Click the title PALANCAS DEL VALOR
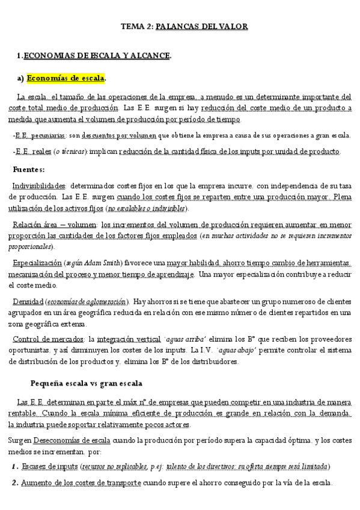[201, 26]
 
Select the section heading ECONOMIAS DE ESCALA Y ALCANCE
[97, 56]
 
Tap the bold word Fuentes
[29, 169]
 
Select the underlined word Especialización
[37, 263]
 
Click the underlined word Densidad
[27, 301]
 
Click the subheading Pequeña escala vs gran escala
[87, 383]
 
